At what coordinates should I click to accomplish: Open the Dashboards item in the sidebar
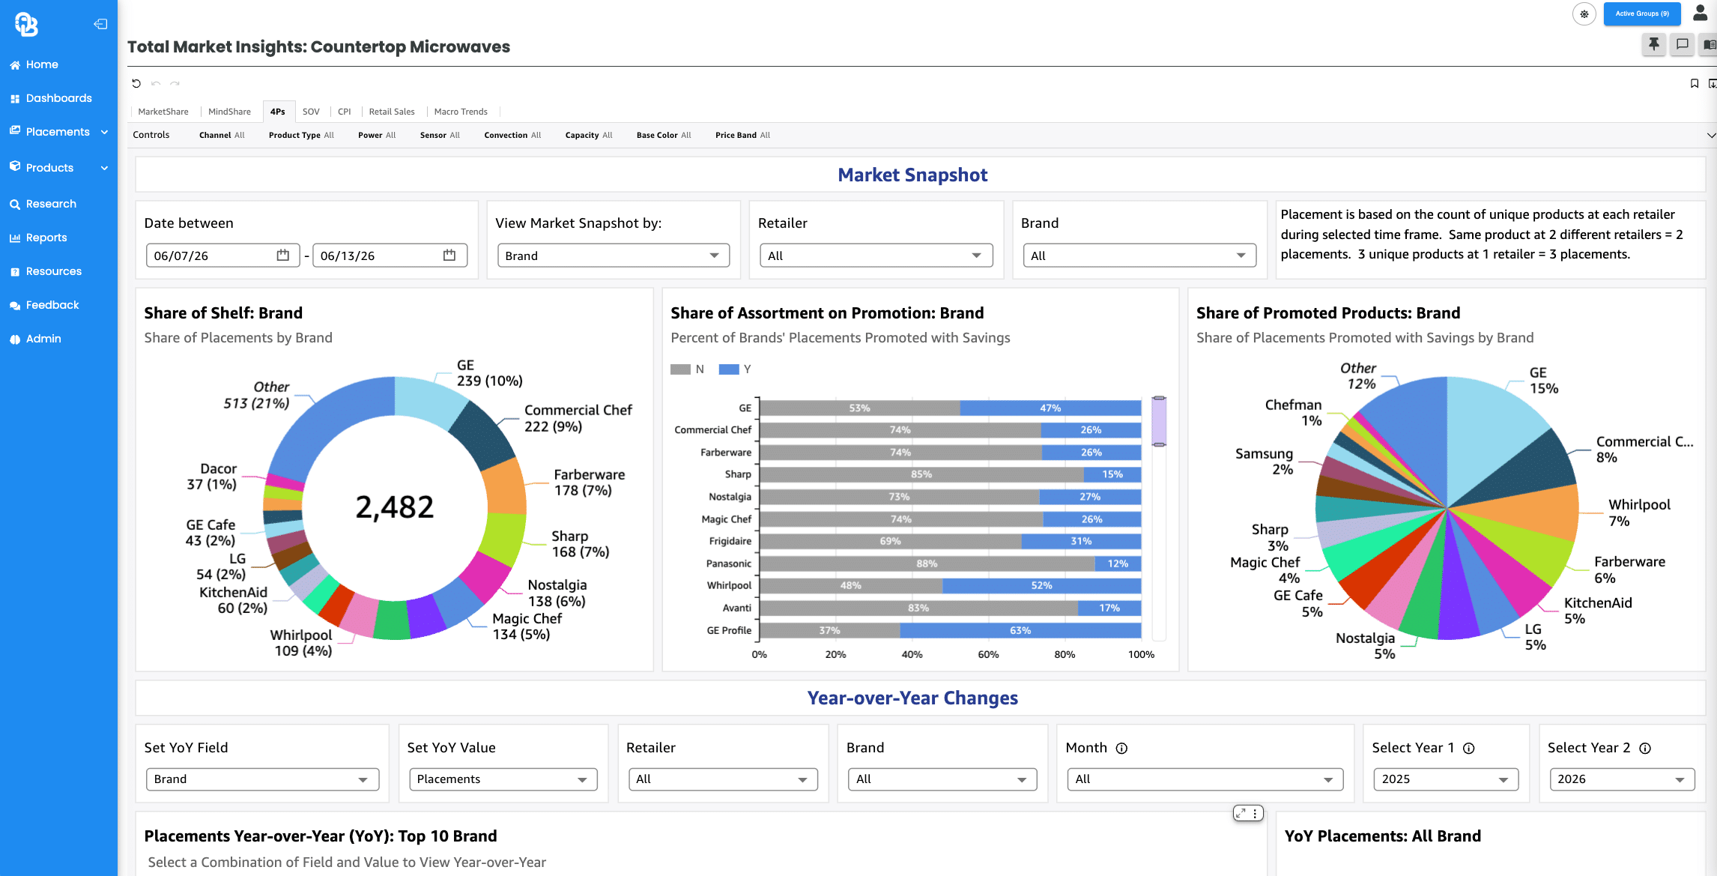tap(58, 98)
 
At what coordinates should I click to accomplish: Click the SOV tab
tap(311, 112)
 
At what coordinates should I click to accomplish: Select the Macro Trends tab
tap(461, 112)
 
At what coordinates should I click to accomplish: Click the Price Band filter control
tap(742, 135)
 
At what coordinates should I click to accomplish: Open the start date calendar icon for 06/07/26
tap(282, 256)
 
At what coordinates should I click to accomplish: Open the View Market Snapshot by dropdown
tap(613, 256)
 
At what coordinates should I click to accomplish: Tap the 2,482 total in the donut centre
tap(394, 507)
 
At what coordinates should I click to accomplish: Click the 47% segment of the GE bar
tap(1050, 408)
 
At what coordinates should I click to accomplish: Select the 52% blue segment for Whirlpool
tap(1042, 586)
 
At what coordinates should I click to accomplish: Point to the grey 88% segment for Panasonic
tap(927, 564)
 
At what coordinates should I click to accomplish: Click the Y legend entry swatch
tap(729, 369)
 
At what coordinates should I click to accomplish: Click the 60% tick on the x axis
tap(988, 655)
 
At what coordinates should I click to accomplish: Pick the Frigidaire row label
tap(730, 541)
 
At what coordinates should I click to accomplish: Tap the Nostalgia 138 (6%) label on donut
tap(557, 593)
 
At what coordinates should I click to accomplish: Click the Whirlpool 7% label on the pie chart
tap(1639, 513)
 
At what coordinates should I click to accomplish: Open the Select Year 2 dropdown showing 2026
tap(1621, 779)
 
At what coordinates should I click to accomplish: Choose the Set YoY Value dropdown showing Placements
tap(503, 779)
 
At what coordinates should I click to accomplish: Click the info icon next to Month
tap(1121, 749)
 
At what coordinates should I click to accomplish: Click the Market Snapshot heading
tap(912, 175)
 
